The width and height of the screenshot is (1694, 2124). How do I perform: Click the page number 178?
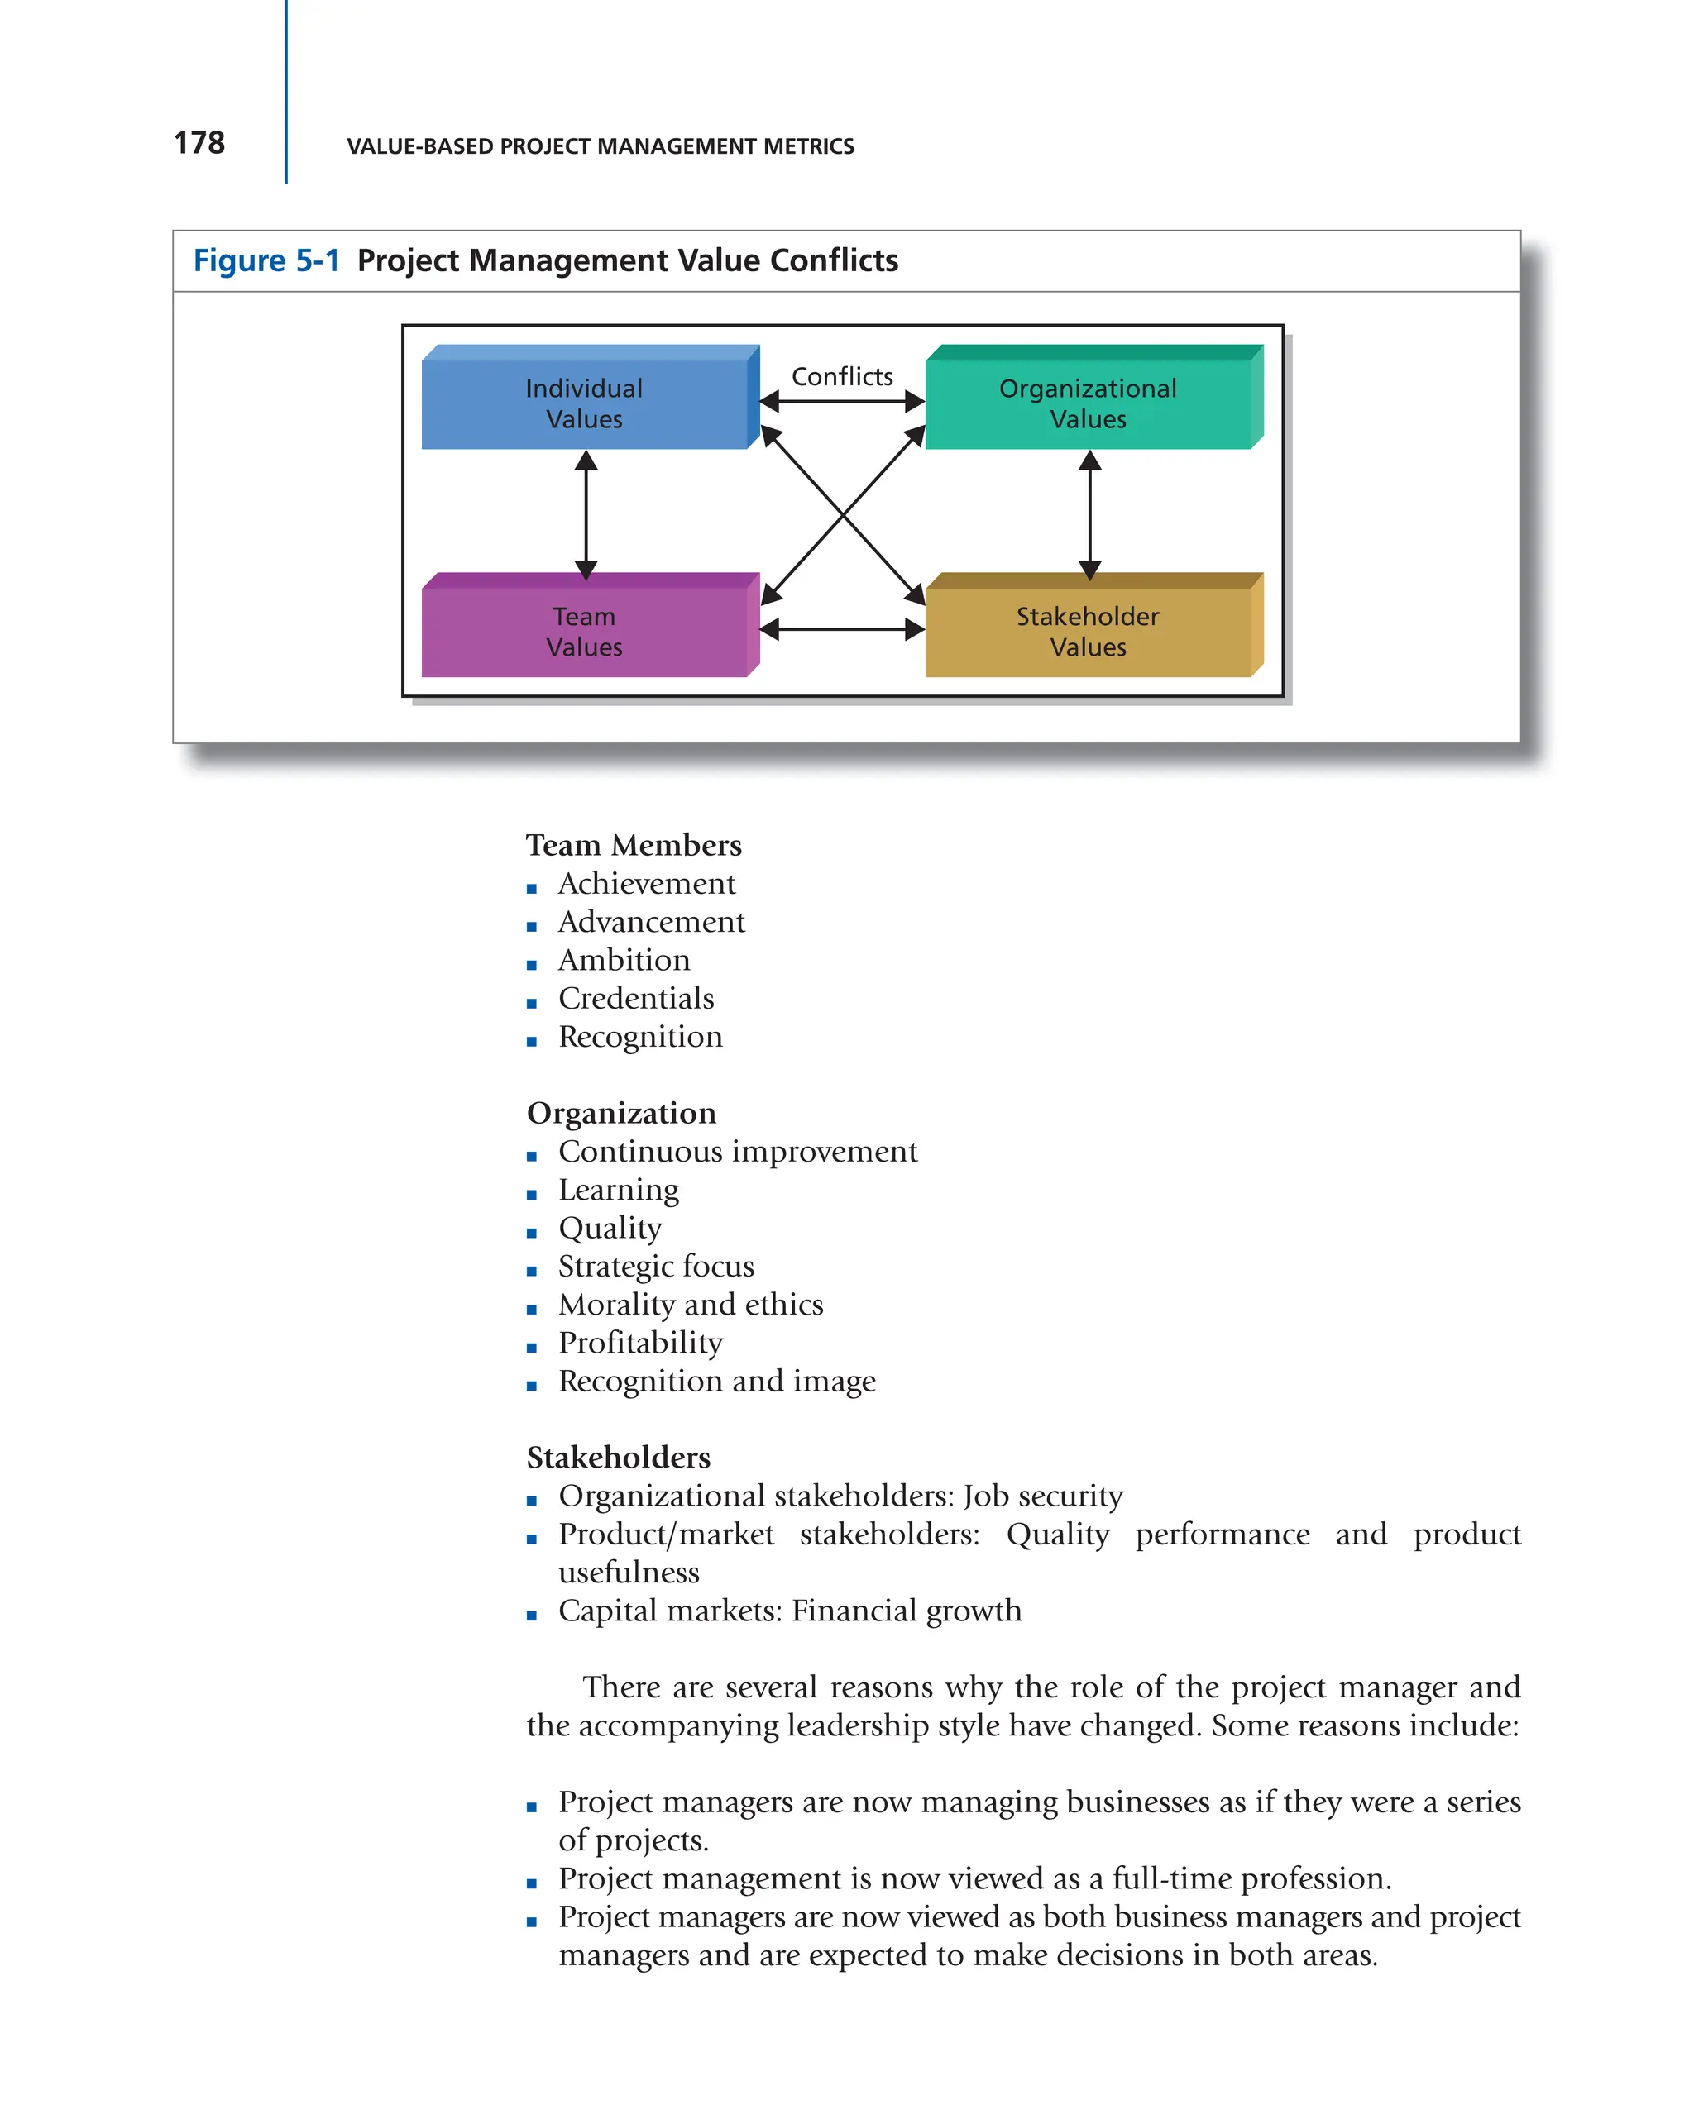pyautogui.click(x=199, y=144)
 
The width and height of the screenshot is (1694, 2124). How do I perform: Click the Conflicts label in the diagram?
pyautogui.click(x=841, y=376)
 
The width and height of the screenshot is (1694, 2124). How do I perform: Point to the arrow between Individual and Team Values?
pyautogui.click(x=586, y=514)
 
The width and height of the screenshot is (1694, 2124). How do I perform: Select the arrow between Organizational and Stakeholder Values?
pyautogui.click(x=1090, y=514)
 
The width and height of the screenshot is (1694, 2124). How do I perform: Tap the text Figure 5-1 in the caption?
pyautogui.click(x=266, y=261)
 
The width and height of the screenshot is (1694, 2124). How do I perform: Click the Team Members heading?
pyautogui.click(x=634, y=845)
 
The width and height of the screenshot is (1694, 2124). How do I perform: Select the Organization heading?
pyautogui.click(x=621, y=1113)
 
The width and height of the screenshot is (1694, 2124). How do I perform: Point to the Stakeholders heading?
pyautogui.click(x=618, y=1457)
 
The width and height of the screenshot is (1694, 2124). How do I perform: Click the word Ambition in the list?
pyautogui.click(x=624, y=961)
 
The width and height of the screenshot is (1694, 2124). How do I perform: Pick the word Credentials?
pyautogui.click(x=635, y=999)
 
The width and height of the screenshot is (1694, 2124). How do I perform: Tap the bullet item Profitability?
pyautogui.click(x=640, y=1343)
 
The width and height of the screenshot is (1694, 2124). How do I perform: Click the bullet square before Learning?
pyautogui.click(x=532, y=1195)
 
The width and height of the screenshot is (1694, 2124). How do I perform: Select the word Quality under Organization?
pyautogui.click(x=610, y=1229)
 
